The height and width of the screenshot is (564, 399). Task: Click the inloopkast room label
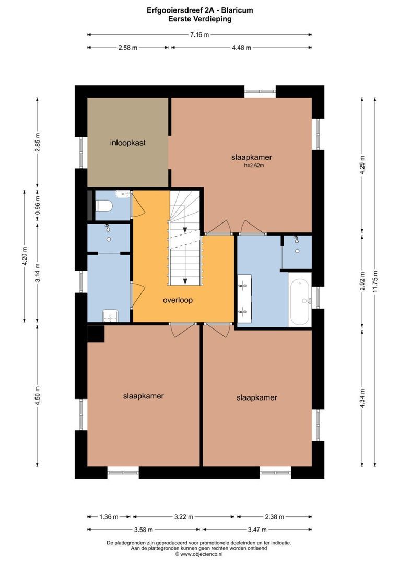128,143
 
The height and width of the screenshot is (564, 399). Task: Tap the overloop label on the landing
178,300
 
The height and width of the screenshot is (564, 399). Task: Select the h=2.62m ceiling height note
254,166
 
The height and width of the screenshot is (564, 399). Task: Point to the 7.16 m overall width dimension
199,35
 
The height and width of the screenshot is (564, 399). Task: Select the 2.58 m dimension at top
128,48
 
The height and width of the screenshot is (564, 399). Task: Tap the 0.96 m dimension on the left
38,206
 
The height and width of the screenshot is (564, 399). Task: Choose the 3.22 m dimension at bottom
183,517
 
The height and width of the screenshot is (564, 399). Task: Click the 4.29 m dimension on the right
362,165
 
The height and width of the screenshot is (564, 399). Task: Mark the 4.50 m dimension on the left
38,396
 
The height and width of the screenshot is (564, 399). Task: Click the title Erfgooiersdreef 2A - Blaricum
199,10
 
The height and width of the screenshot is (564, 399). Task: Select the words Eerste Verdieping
199,19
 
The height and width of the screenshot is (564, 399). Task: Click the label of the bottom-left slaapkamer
143,396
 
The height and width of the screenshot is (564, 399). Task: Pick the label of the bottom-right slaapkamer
256,397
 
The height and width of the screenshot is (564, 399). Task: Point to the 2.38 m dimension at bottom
275,517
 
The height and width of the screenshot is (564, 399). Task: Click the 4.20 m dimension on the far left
25,256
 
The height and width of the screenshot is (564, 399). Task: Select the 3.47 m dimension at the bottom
257,530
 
